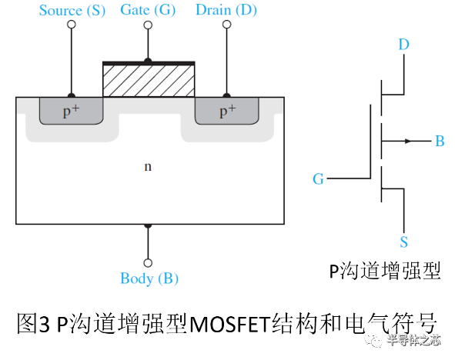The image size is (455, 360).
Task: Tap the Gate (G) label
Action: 148,10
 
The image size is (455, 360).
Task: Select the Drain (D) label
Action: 226,10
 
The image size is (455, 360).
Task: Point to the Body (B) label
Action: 149,278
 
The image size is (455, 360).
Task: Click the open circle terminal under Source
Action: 72,25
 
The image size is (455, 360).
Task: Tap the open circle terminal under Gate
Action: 148,25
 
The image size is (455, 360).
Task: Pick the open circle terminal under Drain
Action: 226,25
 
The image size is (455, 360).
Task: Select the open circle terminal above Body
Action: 148,262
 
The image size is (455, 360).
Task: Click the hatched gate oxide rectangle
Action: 149,80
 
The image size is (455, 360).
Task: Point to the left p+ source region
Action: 71,112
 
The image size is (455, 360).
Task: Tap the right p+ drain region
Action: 226,112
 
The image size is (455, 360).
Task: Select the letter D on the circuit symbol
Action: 403,45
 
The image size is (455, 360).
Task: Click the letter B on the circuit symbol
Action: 440,142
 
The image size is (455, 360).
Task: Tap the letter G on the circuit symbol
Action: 318,179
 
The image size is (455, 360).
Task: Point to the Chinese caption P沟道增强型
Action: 385,271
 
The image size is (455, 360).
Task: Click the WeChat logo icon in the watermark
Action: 373,339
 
